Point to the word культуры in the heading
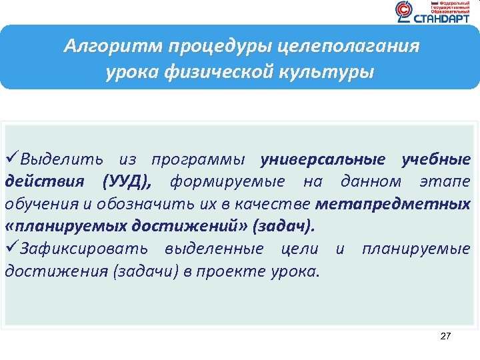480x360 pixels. click(331, 71)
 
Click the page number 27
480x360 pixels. click(445, 337)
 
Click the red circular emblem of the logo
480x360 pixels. click(404, 11)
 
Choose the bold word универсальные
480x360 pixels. click(323, 160)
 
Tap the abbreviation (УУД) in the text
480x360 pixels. click(127, 182)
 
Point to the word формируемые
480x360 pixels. click(227, 182)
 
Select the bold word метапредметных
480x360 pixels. click(393, 204)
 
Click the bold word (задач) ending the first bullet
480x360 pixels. click(281, 226)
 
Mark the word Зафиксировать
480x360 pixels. click(86, 249)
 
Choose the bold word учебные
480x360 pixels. click(436, 160)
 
